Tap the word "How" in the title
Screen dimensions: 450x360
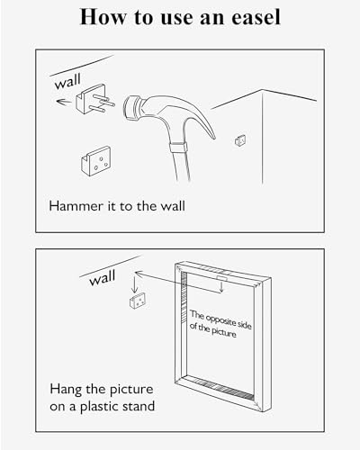[x=103, y=16]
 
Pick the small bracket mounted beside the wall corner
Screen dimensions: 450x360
[x=239, y=141]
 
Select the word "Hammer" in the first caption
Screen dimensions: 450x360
[x=73, y=205]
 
